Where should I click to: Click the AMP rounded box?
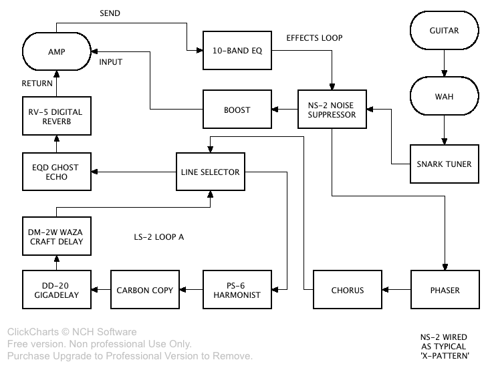[56, 51]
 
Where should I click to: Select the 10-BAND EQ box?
[237, 50]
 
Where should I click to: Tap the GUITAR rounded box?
[444, 31]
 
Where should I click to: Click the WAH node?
[444, 97]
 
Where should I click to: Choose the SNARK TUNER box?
[444, 164]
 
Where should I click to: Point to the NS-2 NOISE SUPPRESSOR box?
[332, 109]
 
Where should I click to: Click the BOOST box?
[237, 110]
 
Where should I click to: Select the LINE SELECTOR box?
[210, 172]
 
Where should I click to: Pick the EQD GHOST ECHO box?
[56, 172]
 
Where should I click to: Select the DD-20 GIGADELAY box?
[56, 290]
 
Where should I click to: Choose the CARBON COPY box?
[144, 290]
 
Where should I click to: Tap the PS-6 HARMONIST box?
[237, 290]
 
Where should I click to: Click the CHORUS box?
[347, 290]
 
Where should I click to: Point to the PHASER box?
[444, 290]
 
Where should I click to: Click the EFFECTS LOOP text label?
[314, 38]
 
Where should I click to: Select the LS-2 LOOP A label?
[158, 236]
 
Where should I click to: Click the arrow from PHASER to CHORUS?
[395, 290]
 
